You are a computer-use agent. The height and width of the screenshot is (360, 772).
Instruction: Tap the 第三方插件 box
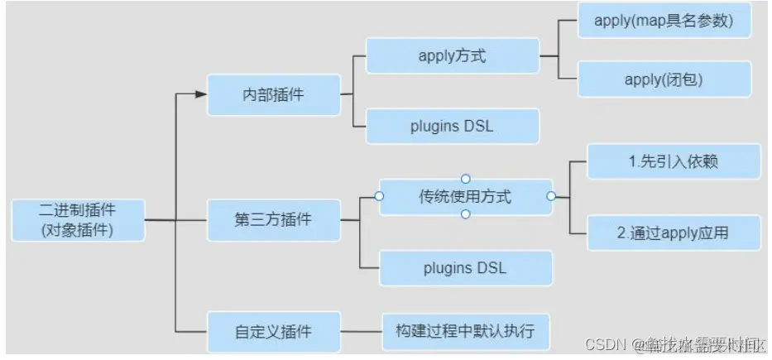tap(273, 221)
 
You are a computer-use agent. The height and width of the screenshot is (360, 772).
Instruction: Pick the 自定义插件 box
tap(273, 331)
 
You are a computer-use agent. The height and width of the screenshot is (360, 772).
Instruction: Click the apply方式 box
tap(453, 56)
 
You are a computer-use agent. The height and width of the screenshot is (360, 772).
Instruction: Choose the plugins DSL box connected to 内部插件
tap(453, 127)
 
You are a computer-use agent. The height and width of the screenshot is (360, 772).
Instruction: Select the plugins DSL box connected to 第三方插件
tap(466, 268)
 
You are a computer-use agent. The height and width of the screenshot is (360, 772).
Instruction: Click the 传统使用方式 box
tap(466, 197)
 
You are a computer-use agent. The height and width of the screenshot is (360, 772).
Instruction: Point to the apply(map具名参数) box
tap(663, 21)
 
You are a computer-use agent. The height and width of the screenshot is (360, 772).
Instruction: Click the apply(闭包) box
tap(664, 79)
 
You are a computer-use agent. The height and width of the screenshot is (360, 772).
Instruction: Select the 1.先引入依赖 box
tap(673, 161)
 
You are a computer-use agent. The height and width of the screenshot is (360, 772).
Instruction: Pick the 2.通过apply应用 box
tap(673, 233)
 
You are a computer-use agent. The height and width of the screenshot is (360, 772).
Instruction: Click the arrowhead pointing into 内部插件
tap(200, 94)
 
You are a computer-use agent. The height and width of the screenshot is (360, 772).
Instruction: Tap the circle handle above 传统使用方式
tap(466, 179)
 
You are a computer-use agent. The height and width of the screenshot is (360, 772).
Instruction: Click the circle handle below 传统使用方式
tap(466, 214)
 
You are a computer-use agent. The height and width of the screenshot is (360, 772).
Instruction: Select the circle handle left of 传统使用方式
tap(379, 196)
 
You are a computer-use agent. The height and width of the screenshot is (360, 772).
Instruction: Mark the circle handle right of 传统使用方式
tap(552, 196)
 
